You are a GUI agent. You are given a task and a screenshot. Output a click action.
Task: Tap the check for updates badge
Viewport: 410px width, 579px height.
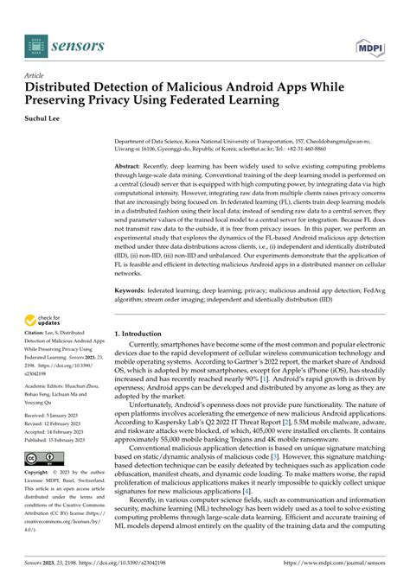tap(43, 323)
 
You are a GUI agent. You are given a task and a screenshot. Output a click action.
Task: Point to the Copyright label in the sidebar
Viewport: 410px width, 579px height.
tap(38, 474)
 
